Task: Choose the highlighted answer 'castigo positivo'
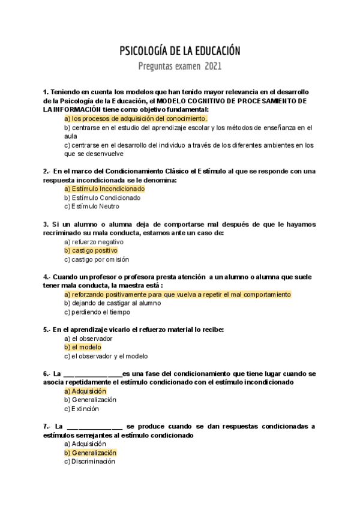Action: tap(91, 250)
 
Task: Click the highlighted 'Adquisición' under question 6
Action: tap(85, 391)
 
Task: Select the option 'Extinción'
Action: tap(81, 409)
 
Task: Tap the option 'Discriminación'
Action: tap(89, 462)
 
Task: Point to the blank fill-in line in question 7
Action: tap(93, 426)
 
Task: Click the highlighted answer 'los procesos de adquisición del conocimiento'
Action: tap(136, 119)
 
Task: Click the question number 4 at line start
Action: tap(46, 277)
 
